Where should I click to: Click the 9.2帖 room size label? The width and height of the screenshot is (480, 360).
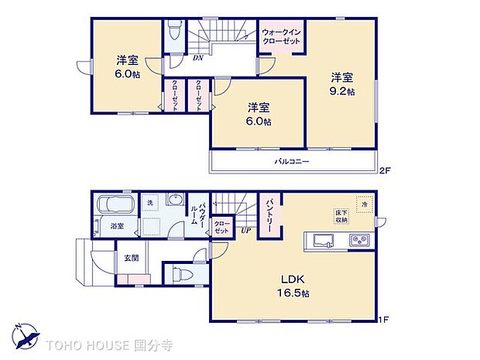click(x=341, y=84)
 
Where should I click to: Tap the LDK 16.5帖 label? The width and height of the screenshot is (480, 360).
click(x=293, y=286)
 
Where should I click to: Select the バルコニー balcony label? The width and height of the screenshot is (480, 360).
click(x=291, y=161)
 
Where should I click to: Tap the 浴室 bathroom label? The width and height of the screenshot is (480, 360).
click(x=117, y=226)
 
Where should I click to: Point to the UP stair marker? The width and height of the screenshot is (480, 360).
click(x=246, y=230)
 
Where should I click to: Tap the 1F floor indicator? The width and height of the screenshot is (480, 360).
click(x=384, y=317)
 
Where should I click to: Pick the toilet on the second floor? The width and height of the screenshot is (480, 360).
click(x=173, y=32)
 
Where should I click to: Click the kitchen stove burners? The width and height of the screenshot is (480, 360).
click(x=361, y=240)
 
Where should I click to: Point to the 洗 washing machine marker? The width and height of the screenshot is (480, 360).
click(x=151, y=203)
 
